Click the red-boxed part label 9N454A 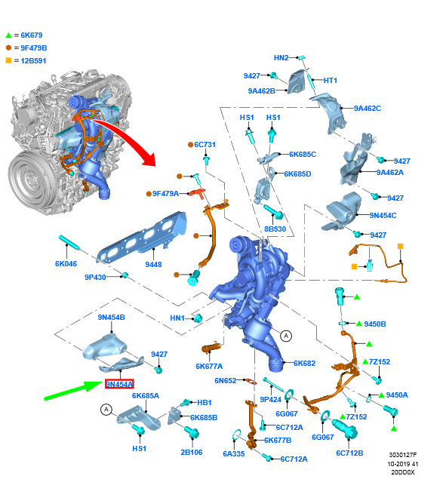click(119, 384)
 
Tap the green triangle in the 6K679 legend click(8, 35)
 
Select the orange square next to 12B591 click(8, 60)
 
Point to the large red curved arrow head click(150, 159)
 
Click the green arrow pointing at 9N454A click(72, 390)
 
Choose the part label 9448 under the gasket click(153, 264)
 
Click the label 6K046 click(66, 263)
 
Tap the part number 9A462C click(368, 108)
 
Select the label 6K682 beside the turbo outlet click(304, 364)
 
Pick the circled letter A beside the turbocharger click(286, 336)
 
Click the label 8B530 click(275, 229)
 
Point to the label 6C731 click(205, 144)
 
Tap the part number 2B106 click(192, 452)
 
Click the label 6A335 click(234, 453)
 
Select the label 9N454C click(383, 216)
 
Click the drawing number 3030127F click(403, 455)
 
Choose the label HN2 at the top click(281, 58)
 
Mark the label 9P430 click(95, 277)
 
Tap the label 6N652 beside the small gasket click(226, 380)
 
